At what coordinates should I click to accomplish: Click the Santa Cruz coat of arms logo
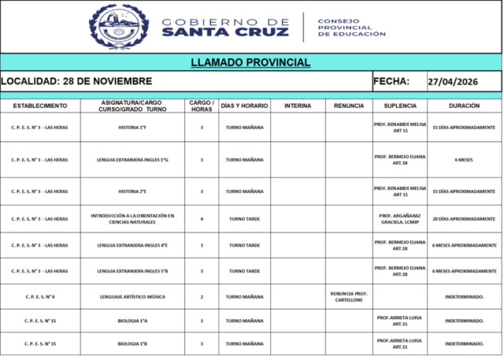[119, 27]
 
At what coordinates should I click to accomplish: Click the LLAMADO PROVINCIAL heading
[250, 62]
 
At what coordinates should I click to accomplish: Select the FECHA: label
[391, 81]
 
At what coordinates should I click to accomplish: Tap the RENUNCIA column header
[349, 106]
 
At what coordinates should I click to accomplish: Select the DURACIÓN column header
[463, 106]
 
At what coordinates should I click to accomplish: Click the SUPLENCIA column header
[400, 106]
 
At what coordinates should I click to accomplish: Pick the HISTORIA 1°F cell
[132, 127]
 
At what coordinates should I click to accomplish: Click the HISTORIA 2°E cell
[132, 191]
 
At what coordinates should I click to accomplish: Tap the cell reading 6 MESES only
[463, 160]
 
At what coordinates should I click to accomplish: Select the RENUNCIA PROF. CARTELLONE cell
[349, 296]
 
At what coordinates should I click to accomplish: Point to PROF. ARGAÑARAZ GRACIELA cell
[400, 219]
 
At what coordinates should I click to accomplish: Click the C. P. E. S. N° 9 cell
[39, 297]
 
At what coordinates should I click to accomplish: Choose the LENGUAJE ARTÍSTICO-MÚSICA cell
[132, 297]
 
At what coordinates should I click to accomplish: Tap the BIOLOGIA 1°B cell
[132, 344]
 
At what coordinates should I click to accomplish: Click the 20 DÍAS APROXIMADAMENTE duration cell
[463, 218]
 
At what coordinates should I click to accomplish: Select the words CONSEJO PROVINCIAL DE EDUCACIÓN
[351, 28]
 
